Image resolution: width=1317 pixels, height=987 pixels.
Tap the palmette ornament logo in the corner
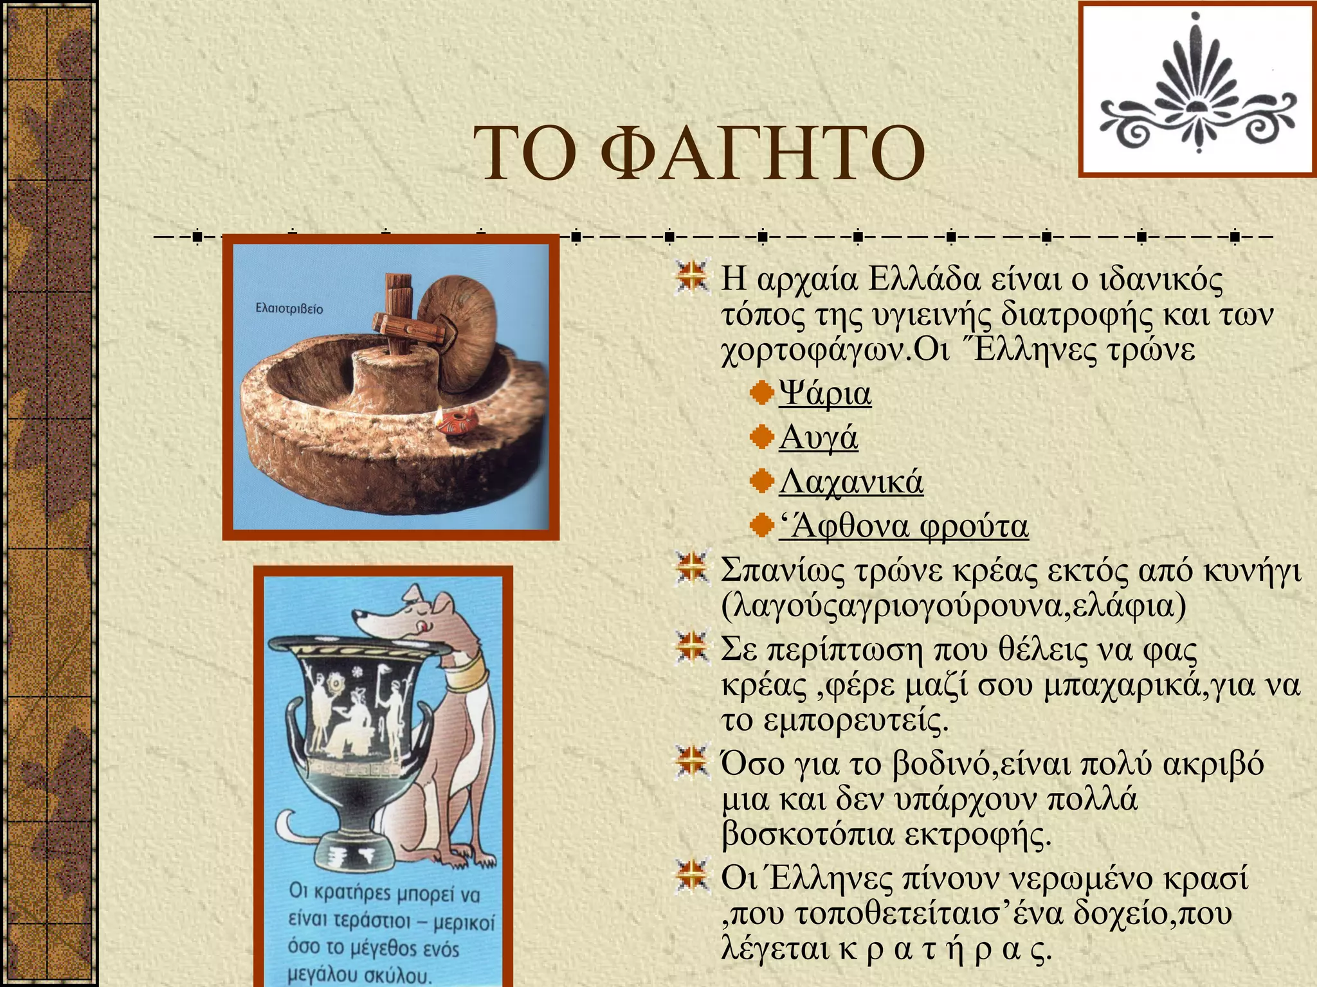(x=1197, y=89)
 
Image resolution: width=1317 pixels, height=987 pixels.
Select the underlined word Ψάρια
(x=825, y=393)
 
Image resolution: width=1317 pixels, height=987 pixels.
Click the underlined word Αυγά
(x=818, y=438)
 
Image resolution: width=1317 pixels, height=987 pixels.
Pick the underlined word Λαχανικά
(x=851, y=482)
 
